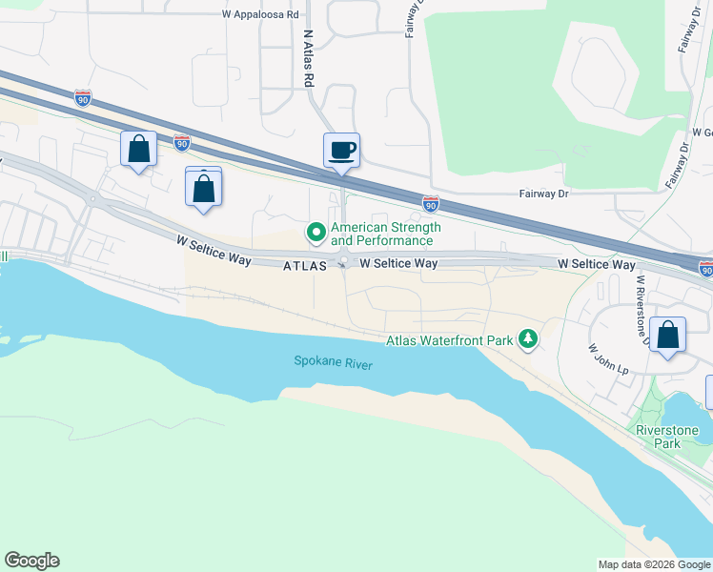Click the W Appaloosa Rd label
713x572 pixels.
tap(260, 15)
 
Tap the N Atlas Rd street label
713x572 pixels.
tap(308, 59)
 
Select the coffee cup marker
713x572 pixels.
tap(341, 151)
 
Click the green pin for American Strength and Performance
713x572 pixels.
tap(316, 232)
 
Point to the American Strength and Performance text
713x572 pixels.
tap(385, 235)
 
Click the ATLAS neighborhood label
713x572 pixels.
tap(306, 267)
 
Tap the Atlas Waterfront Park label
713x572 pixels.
tap(450, 339)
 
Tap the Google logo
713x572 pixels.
tap(31, 561)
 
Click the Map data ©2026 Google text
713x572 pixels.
tap(653, 564)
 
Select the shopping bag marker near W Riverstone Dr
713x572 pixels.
tap(668, 336)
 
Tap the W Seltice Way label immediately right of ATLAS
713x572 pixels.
tap(398, 263)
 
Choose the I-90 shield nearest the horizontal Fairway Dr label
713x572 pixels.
tap(431, 203)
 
